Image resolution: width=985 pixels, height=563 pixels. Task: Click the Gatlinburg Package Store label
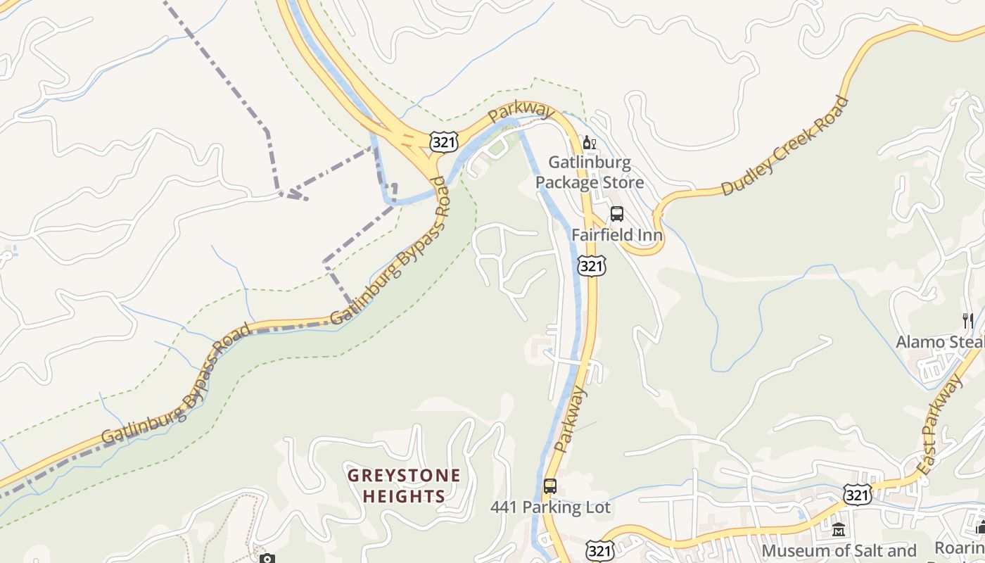point(589,172)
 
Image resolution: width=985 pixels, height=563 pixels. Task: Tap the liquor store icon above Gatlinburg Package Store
point(589,143)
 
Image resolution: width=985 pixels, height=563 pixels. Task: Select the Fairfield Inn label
point(617,234)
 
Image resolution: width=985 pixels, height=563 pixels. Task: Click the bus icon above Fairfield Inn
point(617,214)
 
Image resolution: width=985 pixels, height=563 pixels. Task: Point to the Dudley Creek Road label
point(785,146)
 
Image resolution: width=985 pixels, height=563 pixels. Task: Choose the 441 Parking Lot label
point(550,507)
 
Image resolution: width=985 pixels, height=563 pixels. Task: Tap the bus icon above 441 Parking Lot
point(549,486)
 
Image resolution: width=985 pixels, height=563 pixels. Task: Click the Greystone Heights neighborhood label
point(404,486)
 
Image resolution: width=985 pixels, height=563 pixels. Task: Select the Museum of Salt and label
point(839,550)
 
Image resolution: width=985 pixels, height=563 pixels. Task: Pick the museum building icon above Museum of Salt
point(838,529)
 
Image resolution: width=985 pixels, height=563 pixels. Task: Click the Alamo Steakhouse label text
point(939,342)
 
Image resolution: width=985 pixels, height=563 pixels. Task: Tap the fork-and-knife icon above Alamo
point(967,321)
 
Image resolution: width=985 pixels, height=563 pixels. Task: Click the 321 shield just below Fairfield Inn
point(591,265)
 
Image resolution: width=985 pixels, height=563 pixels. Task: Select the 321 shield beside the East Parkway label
point(859,494)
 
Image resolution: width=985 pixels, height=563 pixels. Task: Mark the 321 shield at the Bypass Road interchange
point(445,142)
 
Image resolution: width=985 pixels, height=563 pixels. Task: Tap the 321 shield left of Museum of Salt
point(599,550)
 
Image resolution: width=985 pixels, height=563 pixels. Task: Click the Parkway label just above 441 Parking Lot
point(570,419)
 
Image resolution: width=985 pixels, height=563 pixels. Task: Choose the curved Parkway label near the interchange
point(521,111)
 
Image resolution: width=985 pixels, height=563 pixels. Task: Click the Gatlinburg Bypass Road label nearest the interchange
point(389,251)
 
